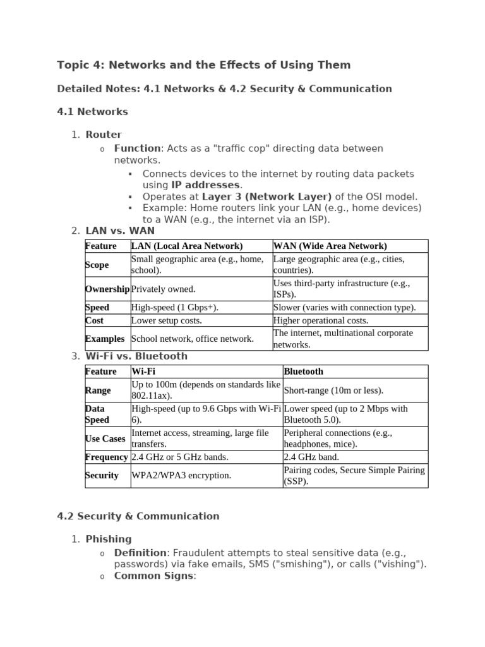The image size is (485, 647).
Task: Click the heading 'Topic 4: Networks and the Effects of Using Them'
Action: [x=203, y=65]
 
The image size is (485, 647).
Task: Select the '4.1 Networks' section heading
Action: [x=92, y=112]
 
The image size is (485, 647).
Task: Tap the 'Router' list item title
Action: [x=104, y=135]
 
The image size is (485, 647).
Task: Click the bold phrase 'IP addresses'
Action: [x=205, y=185]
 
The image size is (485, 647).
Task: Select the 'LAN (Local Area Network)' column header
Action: [x=187, y=246]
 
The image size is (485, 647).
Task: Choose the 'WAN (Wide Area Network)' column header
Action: [x=330, y=246]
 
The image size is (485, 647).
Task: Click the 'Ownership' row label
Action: [x=107, y=289]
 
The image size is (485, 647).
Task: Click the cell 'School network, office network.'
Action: [x=193, y=339]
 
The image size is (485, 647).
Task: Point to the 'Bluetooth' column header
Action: [x=304, y=372]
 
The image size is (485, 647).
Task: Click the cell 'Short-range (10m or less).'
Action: [x=333, y=390]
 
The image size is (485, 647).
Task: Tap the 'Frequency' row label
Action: [x=107, y=457]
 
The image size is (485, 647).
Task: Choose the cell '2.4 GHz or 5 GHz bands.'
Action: [x=180, y=457]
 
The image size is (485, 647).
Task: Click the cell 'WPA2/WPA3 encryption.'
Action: [x=181, y=475]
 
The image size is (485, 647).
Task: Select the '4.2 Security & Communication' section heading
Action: [x=138, y=516]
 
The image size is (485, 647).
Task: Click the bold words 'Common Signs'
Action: [x=154, y=576]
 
